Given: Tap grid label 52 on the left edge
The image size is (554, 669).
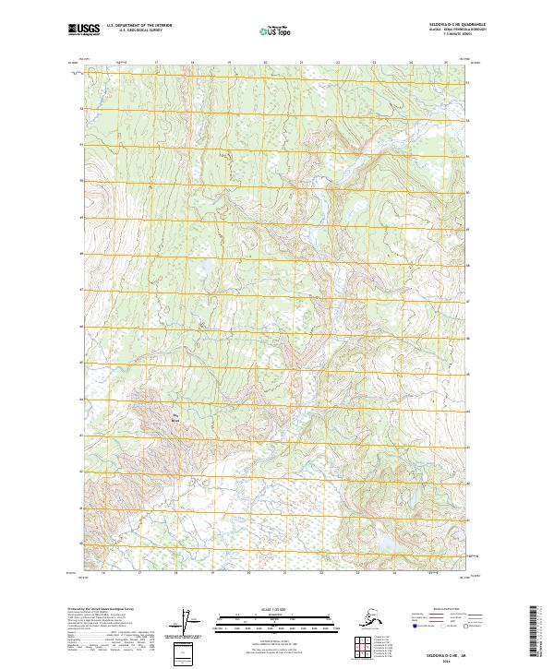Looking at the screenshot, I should pyautogui.click(x=81, y=108).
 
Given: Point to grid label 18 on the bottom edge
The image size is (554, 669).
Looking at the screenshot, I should pyautogui.click(x=175, y=574).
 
